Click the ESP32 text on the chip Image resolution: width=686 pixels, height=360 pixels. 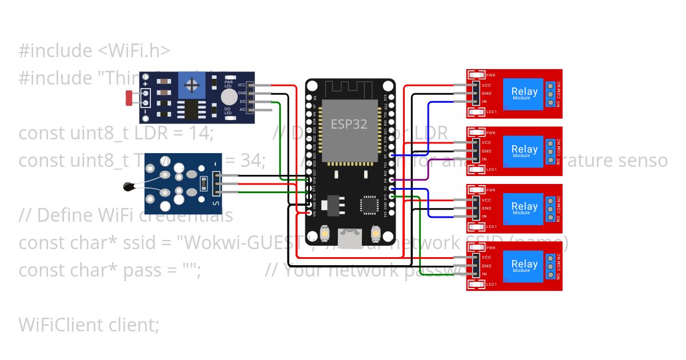(x=349, y=123)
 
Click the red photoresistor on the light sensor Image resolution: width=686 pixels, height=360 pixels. (x=130, y=97)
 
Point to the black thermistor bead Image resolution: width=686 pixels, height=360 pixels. (x=129, y=185)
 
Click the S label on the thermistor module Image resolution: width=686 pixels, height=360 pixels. (x=216, y=202)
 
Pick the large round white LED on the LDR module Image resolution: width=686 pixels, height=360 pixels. (x=229, y=96)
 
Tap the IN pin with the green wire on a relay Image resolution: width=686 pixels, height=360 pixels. (x=474, y=274)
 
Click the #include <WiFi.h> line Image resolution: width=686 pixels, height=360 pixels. (x=94, y=51)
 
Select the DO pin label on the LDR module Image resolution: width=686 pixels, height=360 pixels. (x=243, y=101)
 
